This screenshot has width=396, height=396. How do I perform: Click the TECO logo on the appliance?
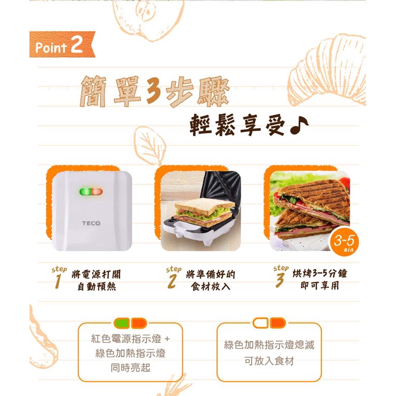tap(91, 223)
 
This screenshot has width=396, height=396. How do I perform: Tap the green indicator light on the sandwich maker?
tap(85, 192)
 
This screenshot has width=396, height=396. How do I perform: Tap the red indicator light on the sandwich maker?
tap(97, 192)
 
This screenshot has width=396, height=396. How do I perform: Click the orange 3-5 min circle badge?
tap(344, 241)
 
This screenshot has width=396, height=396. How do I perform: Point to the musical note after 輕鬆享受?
tap(299, 125)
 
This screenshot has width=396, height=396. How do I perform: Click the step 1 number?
tap(58, 281)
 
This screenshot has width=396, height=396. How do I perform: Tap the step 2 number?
tap(172, 282)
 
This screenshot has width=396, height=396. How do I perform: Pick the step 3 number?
tap(280, 281)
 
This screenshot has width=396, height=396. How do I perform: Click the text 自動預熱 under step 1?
tap(97, 287)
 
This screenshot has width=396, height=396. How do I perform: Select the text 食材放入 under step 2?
tap(211, 286)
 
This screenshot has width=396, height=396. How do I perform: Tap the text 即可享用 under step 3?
tap(319, 285)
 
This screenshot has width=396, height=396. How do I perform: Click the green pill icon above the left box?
tap(122, 323)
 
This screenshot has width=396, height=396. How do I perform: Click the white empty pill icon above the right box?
tap(260, 323)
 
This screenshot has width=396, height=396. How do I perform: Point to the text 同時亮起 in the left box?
tap(130, 368)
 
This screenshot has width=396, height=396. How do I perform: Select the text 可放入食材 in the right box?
tap(269, 361)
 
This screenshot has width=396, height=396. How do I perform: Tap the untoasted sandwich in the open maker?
tap(204, 212)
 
